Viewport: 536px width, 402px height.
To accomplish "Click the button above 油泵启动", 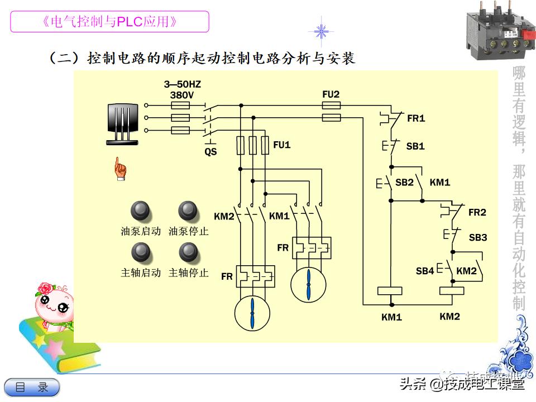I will tap(140, 210).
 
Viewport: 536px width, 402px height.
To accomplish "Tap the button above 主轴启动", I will tap(140, 252).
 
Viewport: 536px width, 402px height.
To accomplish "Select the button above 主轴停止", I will tap(188, 252).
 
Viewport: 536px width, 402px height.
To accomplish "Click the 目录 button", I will tap(32, 387).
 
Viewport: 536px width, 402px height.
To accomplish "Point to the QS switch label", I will tap(210, 151).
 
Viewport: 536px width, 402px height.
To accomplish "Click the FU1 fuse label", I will tap(282, 145).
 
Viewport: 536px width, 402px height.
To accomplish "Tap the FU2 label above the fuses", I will tap(331, 94).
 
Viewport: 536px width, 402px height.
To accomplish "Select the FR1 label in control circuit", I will tap(416, 118).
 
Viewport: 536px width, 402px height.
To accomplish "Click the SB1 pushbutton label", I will tap(415, 146).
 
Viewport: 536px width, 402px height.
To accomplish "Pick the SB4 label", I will tap(425, 271).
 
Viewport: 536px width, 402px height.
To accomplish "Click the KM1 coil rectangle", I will tap(390, 290).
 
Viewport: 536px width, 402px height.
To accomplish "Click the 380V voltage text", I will tap(181, 95).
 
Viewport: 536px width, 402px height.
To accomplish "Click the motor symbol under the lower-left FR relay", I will tap(252, 313).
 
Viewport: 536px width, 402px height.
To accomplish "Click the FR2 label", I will tap(477, 212).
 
